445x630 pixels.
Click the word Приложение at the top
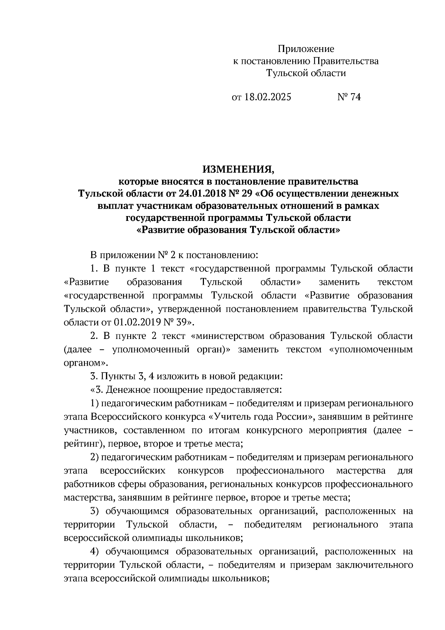tap(306, 49)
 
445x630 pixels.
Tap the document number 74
tap(355, 97)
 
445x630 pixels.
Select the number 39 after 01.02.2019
tap(183, 321)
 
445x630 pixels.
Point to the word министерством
tap(229, 336)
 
